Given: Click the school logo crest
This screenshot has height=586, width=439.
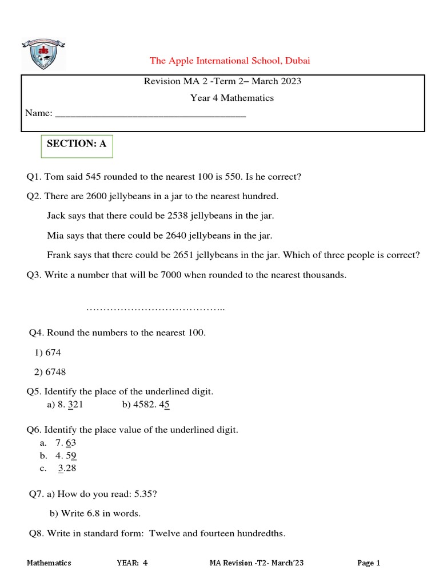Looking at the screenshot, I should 43,54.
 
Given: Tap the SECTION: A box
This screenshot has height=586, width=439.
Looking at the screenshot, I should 77,144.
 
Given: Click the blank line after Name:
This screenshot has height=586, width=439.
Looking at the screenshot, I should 150,114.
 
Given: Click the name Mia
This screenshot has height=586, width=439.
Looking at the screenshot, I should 55,235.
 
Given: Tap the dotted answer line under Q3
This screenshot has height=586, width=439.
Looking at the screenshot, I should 155,309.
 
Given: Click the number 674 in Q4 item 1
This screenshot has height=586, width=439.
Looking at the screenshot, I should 53,353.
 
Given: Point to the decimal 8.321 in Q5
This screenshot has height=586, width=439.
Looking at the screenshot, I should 70,405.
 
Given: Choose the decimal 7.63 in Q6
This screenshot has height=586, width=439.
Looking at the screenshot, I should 66,443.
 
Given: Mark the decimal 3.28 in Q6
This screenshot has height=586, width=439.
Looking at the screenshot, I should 67,468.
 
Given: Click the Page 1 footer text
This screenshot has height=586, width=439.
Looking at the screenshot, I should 369,563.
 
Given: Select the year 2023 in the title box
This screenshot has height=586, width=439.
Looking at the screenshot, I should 290,81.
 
